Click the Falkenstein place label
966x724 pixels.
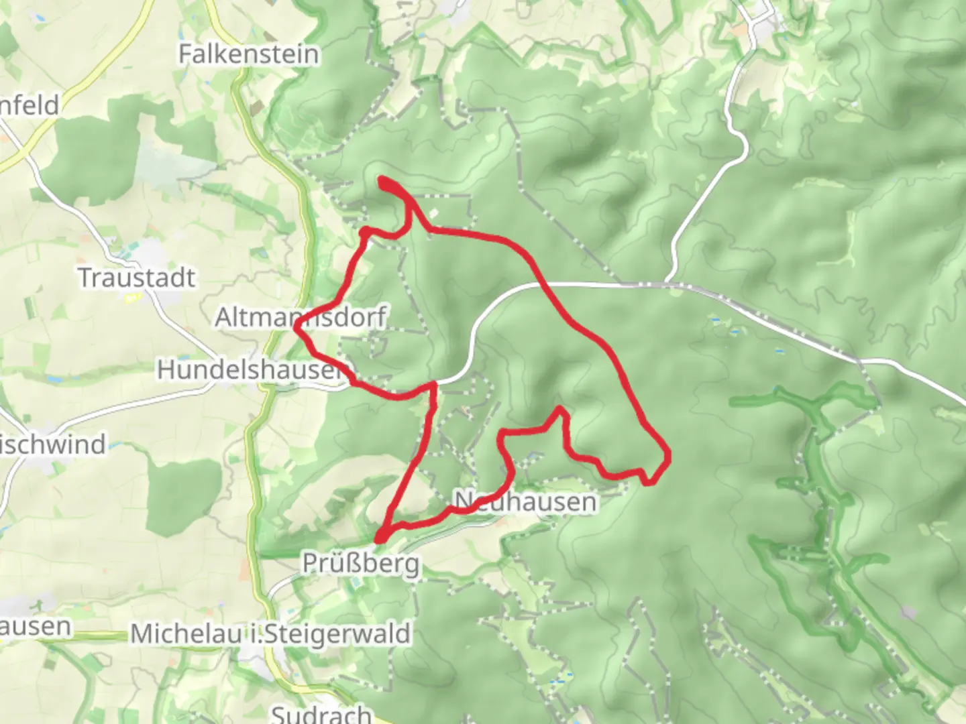(x=248, y=54)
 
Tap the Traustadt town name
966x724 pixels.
(x=137, y=278)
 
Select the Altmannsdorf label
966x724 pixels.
(x=301, y=317)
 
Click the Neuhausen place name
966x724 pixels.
(x=525, y=501)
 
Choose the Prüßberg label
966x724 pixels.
(x=361, y=563)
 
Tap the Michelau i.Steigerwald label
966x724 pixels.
(x=270, y=633)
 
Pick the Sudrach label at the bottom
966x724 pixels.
(x=321, y=713)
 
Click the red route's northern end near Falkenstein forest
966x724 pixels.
(x=382, y=180)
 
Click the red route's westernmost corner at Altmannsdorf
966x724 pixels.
(x=297, y=327)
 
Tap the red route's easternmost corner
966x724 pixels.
(x=668, y=457)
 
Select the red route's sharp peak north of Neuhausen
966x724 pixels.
(x=559, y=408)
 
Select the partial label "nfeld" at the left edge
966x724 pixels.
(x=30, y=105)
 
